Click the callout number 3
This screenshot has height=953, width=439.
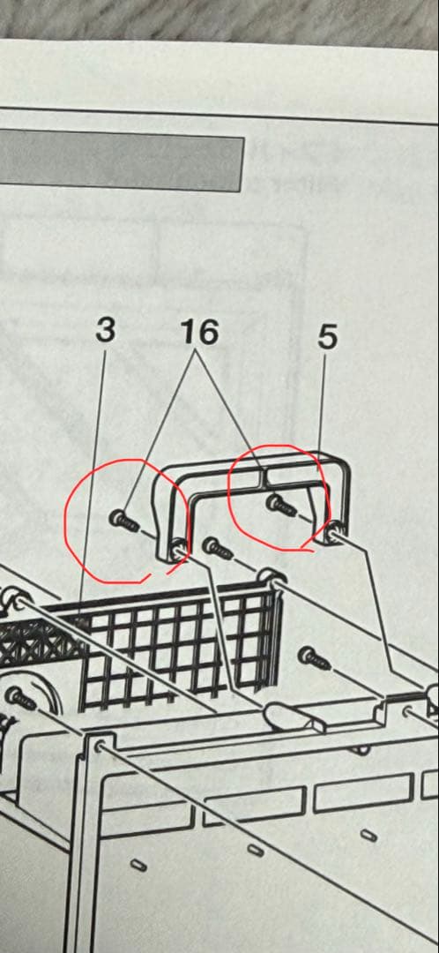[x=105, y=332]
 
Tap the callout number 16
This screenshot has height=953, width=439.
[x=200, y=333]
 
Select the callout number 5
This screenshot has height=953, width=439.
[x=327, y=339]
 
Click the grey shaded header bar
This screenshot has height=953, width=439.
[x=122, y=161]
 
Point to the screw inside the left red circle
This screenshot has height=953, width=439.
[x=125, y=522]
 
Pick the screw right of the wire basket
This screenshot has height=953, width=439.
[x=315, y=658]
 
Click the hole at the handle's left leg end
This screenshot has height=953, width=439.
[x=178, y=551]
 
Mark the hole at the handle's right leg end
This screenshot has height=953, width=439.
[x=333, y=536]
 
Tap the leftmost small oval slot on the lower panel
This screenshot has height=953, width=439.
[x=138, y=864]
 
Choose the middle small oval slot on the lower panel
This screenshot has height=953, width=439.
[x=256, y=849]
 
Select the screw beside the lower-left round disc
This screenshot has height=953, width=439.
[x=20, y=699]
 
